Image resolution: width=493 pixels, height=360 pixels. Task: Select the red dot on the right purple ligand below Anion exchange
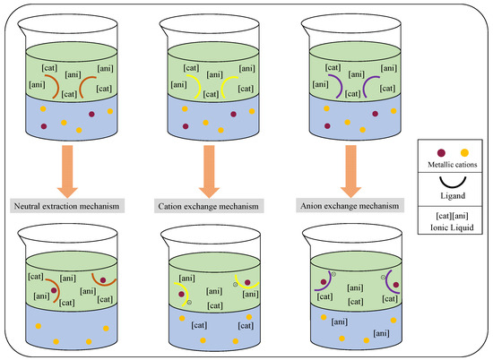(x=396, y=285)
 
